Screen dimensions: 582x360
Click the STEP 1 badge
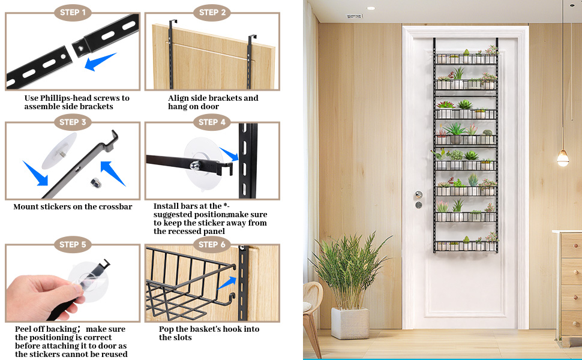click(73, 13)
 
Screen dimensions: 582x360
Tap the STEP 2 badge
click(212, 13)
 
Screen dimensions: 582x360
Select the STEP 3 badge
click(73, 122)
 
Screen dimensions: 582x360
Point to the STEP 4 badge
click(212, 122)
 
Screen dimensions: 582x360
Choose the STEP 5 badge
click(73, 245)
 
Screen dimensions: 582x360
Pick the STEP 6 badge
click(212, 245)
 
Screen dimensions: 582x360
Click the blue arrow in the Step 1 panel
click(100, 62)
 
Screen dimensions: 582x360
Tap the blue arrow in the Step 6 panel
click(227, 283)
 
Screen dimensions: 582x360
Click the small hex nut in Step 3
click(96, 182)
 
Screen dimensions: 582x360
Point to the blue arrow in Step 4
click(229, 154)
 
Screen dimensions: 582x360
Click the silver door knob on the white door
click(418, 194)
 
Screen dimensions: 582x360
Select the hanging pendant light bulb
click(563, 158)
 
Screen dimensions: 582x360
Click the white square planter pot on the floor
click(350, 323)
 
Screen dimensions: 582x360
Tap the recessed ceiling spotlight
click(371, 8)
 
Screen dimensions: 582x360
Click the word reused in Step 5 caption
click(114, 355)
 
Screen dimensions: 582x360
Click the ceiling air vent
click(355, 16)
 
